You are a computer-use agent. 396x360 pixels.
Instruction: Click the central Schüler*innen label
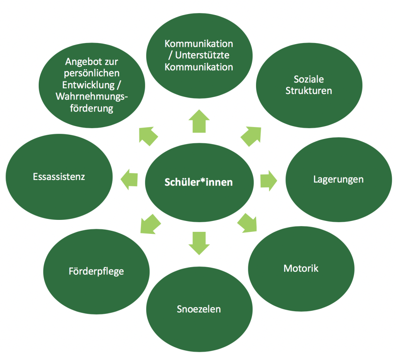click(x=199, y=182)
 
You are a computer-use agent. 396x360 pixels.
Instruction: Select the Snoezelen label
click(x=199, y=309)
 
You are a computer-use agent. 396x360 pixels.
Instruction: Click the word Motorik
click(x=301, y=268)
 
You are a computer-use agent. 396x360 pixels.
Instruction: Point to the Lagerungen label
click(x=338, y=179)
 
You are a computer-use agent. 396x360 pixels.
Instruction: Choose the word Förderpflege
click(x=96, y=271)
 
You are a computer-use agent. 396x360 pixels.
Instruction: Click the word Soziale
click(x=309, y=80)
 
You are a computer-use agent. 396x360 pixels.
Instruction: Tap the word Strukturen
click(x=309, y=91)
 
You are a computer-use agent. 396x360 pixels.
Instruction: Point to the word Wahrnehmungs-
click(x=92, y=96)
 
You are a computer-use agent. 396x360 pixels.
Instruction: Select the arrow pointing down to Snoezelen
click(x=199, y=243)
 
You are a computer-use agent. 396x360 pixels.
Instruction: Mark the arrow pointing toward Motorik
click(x=247, y=223)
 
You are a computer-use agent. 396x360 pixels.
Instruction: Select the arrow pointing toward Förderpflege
click(x=150, y=223)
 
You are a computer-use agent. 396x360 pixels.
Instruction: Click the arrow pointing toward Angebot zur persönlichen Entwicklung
click(x=148, y=136)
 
